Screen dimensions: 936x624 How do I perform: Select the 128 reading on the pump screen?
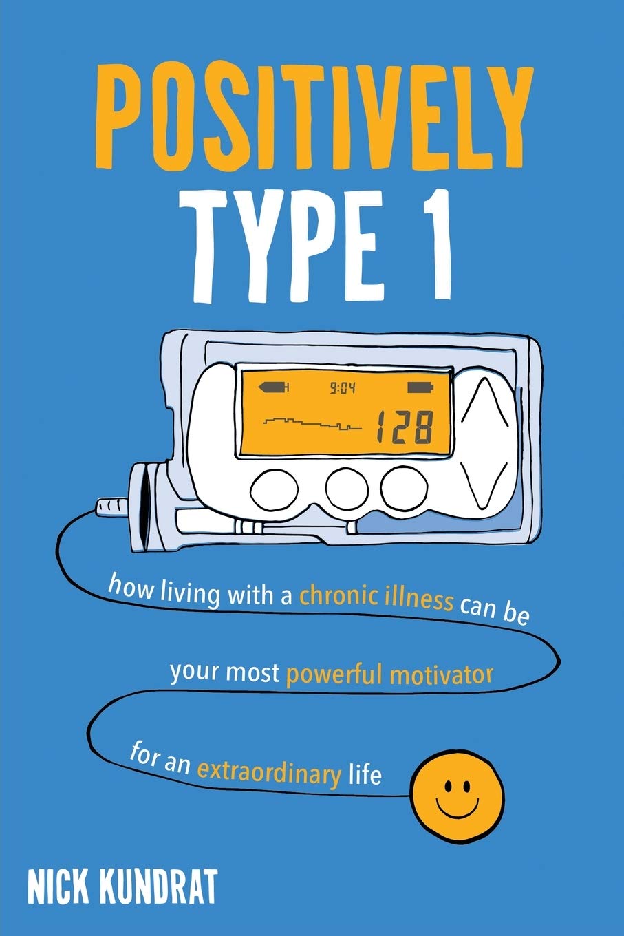(405, 427)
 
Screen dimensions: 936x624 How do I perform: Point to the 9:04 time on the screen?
(342, 389)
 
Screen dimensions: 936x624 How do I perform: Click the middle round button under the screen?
(347, 488)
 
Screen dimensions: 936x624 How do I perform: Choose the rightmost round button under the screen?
(405, 488)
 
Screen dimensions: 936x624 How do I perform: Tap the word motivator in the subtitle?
(441, 674)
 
